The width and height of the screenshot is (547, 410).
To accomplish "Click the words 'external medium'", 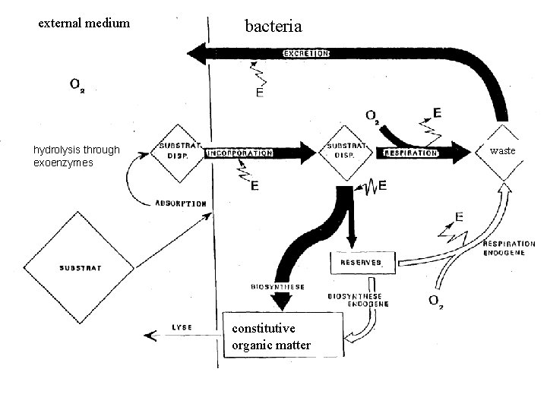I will (x=84, y=24).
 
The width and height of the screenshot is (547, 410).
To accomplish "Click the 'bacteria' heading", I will (x=273, y=27).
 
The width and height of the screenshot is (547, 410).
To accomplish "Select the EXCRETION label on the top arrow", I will (x=306, y=54).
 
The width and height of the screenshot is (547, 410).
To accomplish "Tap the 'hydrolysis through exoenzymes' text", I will (x=76, y=156).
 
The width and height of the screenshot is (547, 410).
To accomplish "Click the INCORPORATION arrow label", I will (x=239, y=153).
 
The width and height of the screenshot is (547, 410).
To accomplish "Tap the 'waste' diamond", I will (x=502, y=152).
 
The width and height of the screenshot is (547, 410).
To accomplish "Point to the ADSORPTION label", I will (x=180, y=203).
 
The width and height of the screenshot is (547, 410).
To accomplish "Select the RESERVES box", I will (x=363, y=263).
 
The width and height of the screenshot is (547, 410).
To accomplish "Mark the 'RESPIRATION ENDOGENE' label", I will (x=508, y=249).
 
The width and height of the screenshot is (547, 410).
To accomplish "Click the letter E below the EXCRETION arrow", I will (x=261, y=93).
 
